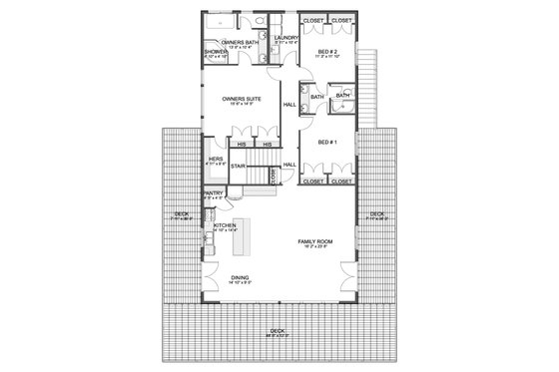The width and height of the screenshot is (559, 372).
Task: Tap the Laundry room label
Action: coord(283,38)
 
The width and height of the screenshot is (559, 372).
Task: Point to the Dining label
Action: coord(238,278)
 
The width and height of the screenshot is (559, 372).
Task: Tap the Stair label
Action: coord(238,166)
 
